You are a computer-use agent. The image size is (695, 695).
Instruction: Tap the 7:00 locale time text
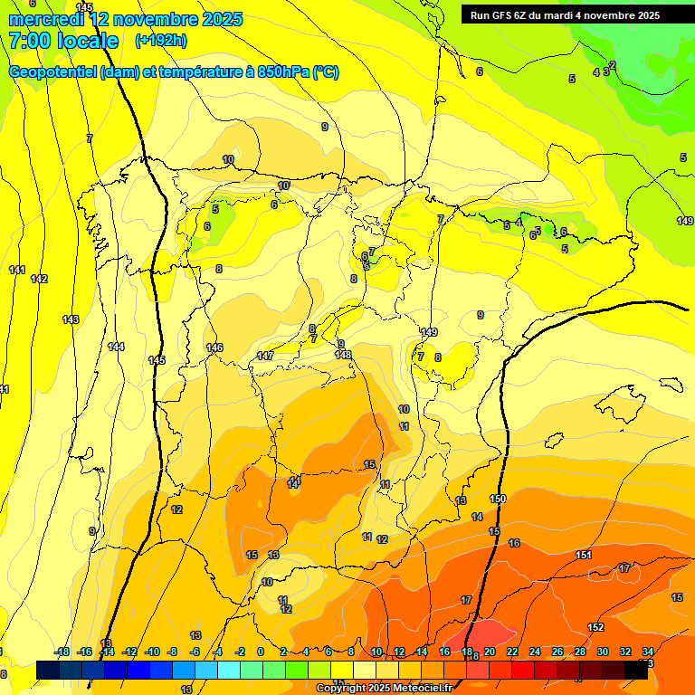(x=63, y=41)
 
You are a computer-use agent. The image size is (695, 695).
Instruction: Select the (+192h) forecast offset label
(x=161, y=41)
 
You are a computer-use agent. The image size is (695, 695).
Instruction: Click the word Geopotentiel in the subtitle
(x=52, y=72)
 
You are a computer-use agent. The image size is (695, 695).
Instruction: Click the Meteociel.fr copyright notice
(x=384, y=689)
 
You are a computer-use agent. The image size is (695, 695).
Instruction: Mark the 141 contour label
(x=16, y=270)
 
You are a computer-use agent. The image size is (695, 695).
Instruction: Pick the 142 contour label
(x=38, y=279)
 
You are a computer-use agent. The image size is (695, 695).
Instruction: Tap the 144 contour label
(x=116, y=347)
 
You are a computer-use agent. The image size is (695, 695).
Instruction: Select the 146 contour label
(x=214, y=347)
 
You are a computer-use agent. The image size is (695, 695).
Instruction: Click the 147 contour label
(x=265, y=356)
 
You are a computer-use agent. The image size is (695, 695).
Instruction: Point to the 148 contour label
(x=343, y=354)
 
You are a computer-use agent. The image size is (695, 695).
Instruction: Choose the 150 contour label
(x=498, y=499)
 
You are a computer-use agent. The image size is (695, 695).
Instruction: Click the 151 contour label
(x=584, y=555)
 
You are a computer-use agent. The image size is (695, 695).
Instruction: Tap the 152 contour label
(x=595, y=627)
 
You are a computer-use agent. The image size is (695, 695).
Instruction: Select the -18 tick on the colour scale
(x=62, y=652)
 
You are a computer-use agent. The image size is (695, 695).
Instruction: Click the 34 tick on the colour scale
(x=648, y=652)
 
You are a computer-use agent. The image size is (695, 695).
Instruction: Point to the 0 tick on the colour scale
(x=261, y=652)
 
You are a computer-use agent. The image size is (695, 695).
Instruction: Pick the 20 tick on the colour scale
(x=490, y=652)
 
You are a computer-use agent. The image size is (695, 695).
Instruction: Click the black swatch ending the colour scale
(x=636, y=670)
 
